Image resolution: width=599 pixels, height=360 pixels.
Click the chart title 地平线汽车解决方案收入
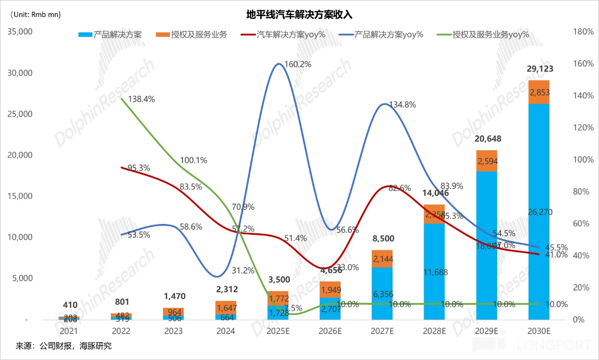pyautogui.click(x=299, y=15)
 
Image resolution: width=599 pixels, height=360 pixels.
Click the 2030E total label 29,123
pyautogui.click(x=539, y=69)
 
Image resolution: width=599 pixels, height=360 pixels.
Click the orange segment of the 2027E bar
pyautogui.click(x=382, y=258)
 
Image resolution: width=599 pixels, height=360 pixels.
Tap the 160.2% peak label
pyautogui.click(x=298, y=64)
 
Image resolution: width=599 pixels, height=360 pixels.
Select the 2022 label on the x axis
pyautogui.click(x=121, y=332)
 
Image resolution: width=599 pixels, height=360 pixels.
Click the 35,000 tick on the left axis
pyautogui.click(x=19, y=32)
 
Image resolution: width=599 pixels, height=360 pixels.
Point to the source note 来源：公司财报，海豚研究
pyautogui.click(x=64, y=346)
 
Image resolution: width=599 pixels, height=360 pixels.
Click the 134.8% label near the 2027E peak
pyautogui.click(x=402, y=105)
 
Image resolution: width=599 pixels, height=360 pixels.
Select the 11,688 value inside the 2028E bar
pyautogui.click(x=434, y=272)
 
